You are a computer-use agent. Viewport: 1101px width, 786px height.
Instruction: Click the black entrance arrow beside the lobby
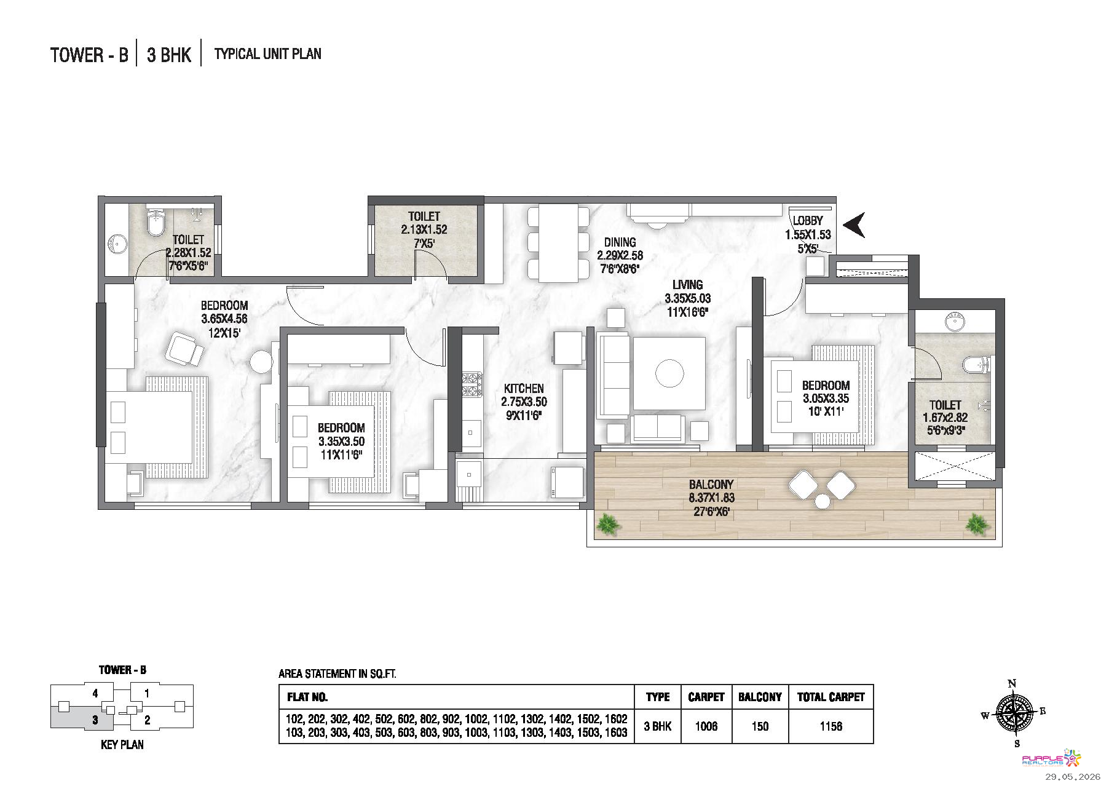coord(853,224)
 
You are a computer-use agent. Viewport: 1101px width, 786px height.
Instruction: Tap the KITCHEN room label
coord(524,389)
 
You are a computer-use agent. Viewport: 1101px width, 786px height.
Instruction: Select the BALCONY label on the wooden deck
coord(711,485)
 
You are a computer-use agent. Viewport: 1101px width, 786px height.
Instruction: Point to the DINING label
coord(620,242)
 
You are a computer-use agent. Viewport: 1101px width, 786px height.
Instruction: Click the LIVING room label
coord(687,285)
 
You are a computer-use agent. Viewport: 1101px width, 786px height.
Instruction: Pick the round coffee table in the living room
coord(669,373)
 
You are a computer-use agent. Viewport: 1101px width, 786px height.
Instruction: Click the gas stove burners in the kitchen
coord(472,384)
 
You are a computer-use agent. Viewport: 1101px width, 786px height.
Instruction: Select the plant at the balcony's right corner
coord(976,524)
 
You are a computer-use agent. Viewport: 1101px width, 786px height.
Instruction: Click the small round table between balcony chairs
coord(821,502)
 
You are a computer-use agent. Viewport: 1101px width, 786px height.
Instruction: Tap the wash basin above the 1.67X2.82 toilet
coord(954,321)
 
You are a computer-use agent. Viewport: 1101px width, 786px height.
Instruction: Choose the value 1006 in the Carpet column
coord(706,726)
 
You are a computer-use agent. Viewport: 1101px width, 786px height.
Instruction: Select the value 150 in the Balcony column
coord(760,726)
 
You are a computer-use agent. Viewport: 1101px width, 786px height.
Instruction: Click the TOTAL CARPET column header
coord(831,697)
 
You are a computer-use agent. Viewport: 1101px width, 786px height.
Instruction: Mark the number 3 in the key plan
coord(95,720)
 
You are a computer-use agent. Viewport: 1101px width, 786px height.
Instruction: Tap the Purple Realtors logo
coord(1046,759)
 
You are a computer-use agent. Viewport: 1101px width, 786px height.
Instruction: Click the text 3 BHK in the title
coord(169,55)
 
